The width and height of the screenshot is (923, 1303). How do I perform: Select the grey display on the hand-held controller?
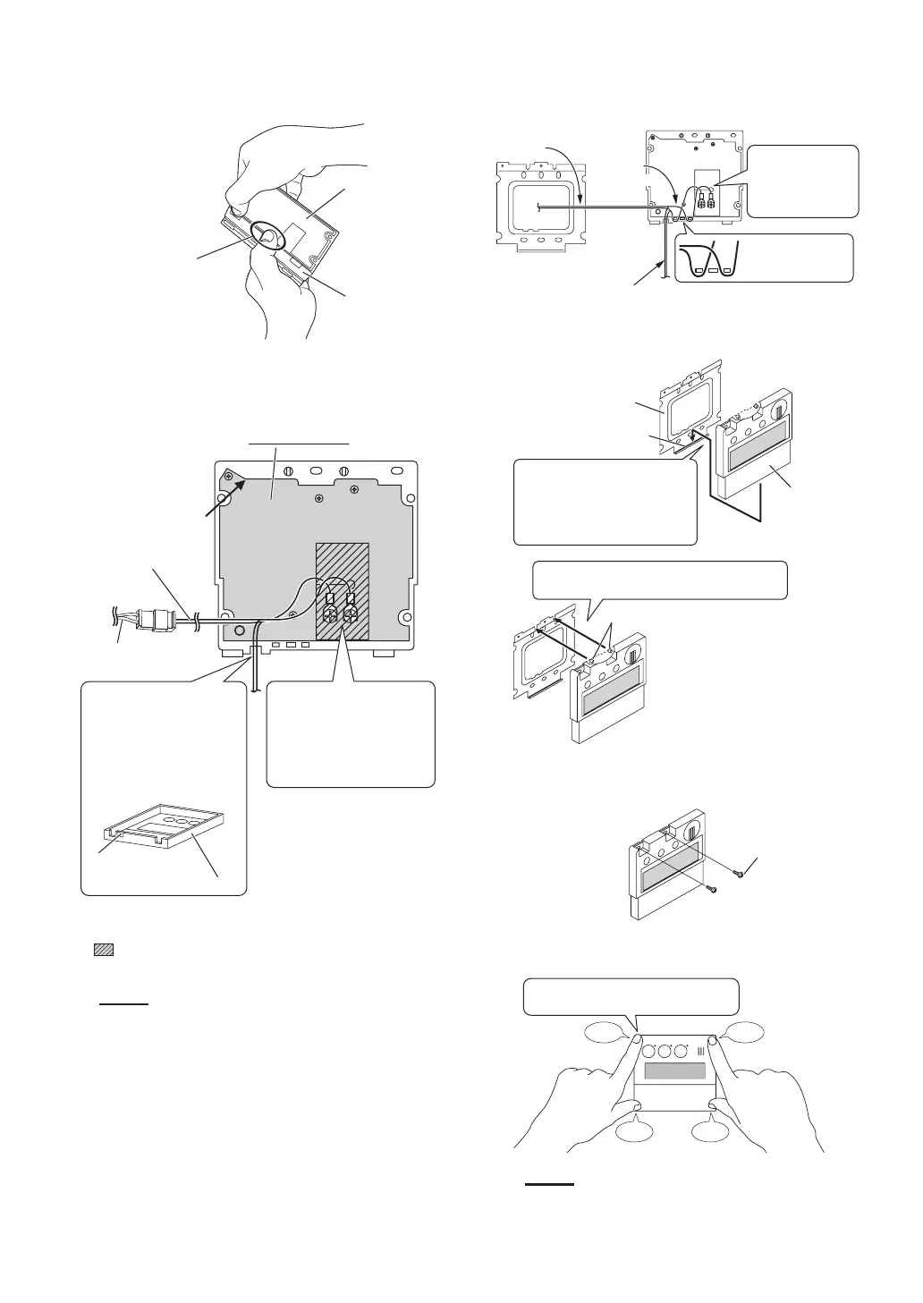675,1070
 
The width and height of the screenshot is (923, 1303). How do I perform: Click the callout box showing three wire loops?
764,258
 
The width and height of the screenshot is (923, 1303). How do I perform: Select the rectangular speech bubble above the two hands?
631,996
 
